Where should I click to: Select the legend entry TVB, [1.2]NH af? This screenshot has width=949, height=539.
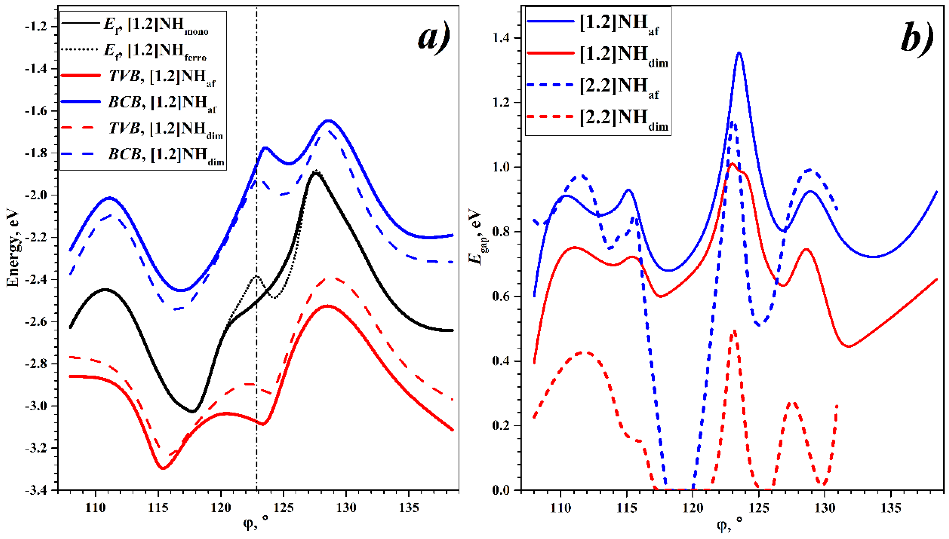(162, 76)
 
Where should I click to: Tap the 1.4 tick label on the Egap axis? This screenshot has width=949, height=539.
(502, 38)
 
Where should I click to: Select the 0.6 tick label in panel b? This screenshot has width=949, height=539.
(502, 296)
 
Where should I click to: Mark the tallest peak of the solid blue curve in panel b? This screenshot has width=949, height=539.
(739, 53)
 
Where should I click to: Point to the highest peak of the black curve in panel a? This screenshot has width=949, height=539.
(315, 173)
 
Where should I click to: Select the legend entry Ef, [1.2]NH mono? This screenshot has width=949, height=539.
(156, 24)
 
